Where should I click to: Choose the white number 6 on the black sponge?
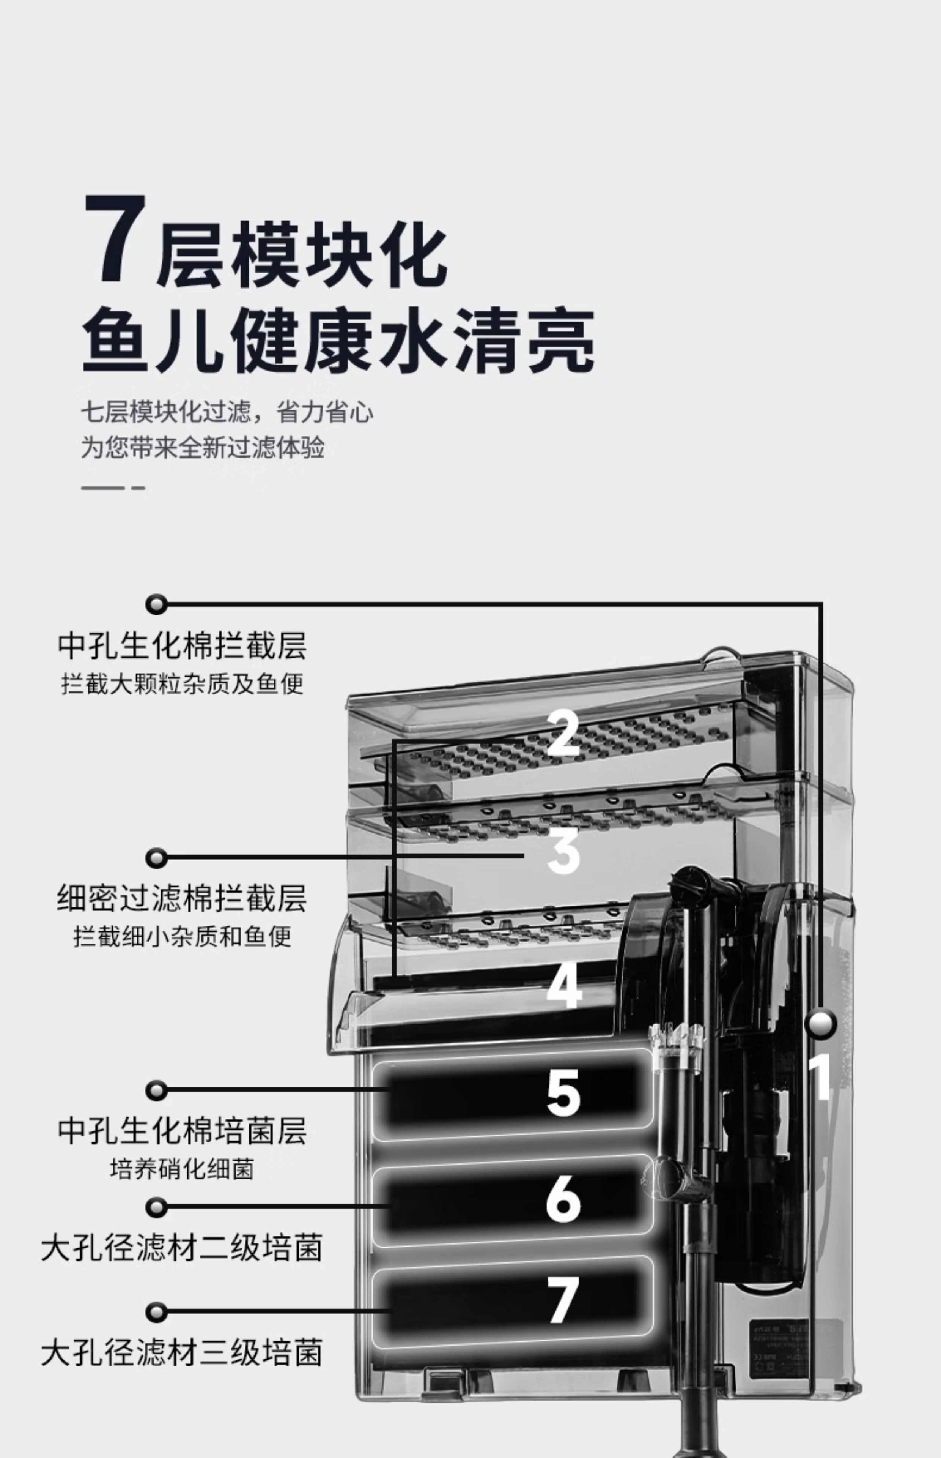pyautogui.click(x=563, y=1199)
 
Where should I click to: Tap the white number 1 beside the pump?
pyautogui.click(x=820, y=1077)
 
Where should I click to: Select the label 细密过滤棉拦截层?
pyautogui.click(x=182, y=898)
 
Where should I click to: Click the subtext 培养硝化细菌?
pyautogui.click(x=182, y=1169)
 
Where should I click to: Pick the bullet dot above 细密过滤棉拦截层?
pyautogui.click(x=156, y=858)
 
